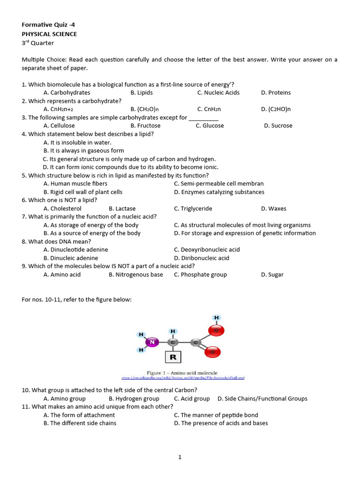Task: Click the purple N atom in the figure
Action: pyautogui.click(x=151, y=343)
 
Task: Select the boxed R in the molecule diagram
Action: pyautogui.click(x=173, y=358)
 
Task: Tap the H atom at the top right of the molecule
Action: pyautogui.click(x=217, y=317)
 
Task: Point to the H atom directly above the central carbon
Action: pyautogui.click(x=173, y=331)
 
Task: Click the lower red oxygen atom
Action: pyautogui.click(x=213, y=352)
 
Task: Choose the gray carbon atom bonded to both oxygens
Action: pyautogui.click(x=196, y=343)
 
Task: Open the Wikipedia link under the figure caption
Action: pyautogui.click(x=183, y=377)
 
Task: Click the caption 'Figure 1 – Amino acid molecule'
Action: pyautogui.click(x=182, y=373)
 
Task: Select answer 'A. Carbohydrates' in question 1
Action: pyautogui.click(x=67, y=93)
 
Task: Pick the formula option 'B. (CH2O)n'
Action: pyautogui.click(x=148, y=109)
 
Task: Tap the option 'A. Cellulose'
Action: pyautogui.click(x=59, y=126)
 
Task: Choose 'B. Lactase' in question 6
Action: pyautogui.click(x=122, y=209)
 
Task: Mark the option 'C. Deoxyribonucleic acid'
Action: pyautogui.click(x=207, y=250)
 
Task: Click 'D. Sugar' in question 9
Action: pyautogui.click(x=272, y=275)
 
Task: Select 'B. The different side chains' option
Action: pyautogui.click(x=80, y=423)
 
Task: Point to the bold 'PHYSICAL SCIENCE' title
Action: pyautogui.click(x=49, y=34)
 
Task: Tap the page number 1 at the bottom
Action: pyautogui.click(x=180, y=457)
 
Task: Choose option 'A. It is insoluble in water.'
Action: pyautogui.click(x=77, y=142)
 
